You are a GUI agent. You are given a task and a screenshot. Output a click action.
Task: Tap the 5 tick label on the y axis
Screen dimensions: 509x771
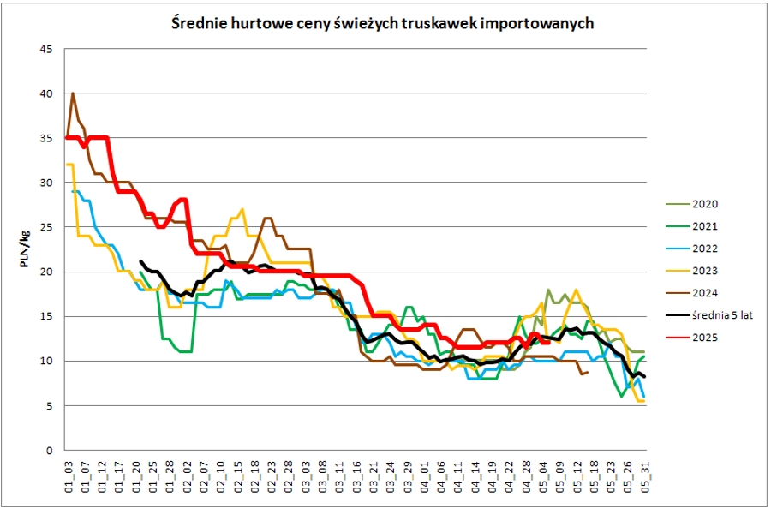50,405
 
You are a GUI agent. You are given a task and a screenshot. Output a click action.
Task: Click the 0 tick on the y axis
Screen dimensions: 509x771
50,450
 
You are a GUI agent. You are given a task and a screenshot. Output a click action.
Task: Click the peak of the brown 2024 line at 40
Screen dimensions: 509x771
73,93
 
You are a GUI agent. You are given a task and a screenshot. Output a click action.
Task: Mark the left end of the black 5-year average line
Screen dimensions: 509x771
140,261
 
